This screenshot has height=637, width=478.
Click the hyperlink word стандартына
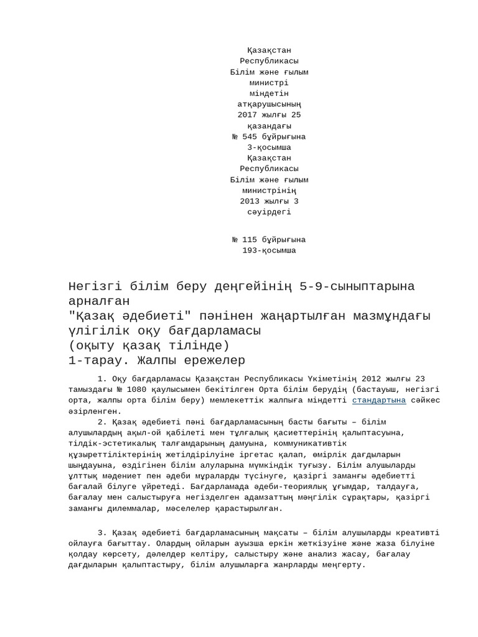coord(379,400)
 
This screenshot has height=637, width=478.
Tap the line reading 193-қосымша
coord(269,251)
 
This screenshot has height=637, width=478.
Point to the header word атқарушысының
coord(269,105)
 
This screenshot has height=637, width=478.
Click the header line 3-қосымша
coord(269,147)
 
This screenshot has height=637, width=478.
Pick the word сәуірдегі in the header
coord(269,212)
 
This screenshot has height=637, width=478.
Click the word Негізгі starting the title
coord(97,287)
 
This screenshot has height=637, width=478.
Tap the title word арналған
coord(100,302)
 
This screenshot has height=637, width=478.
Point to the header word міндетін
coord(269,94)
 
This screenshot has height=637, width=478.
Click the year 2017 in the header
coord(248,115)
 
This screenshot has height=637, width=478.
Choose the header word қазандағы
coord(269,126)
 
